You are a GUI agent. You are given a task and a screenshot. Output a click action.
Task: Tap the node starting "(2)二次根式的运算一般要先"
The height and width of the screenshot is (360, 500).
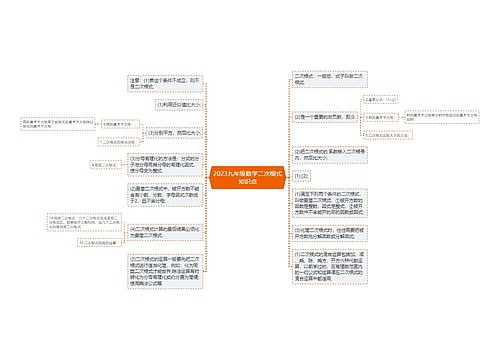click(x=164, y=271)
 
